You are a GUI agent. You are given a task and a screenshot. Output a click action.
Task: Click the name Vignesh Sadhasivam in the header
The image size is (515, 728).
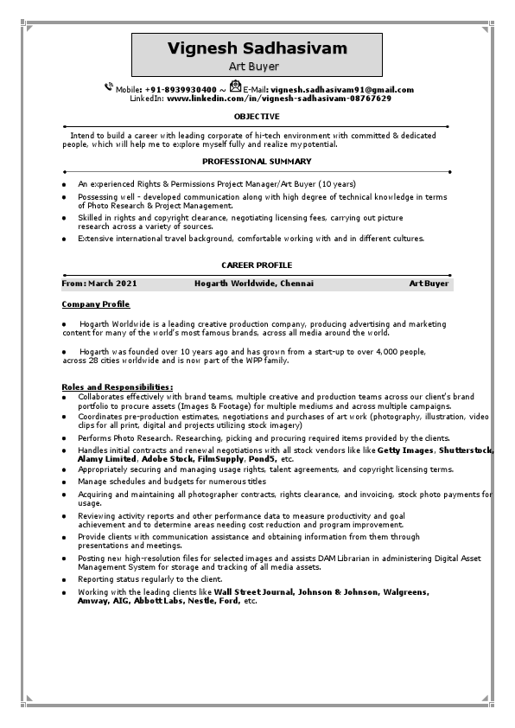pos(257,48)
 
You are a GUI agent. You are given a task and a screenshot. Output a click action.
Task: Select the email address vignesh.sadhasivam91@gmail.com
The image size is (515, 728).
pos(341,90)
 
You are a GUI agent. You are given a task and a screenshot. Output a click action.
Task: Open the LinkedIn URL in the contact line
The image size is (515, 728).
pos(278,99)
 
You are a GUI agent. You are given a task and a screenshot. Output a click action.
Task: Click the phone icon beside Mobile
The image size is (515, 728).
pos(109,86)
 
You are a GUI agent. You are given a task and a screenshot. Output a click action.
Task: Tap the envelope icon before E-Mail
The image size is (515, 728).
pos(235,86)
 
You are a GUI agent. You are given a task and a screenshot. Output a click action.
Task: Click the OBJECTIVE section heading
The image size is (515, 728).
pos(257,117)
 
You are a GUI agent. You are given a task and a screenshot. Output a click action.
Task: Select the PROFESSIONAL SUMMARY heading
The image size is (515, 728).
pos(257,162)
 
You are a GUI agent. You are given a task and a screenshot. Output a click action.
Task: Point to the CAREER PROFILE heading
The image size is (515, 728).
pos(257,265)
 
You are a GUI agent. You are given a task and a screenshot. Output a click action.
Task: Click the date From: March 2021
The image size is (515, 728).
pos(99,284)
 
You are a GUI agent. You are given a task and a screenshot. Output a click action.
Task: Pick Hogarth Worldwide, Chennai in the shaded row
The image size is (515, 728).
pos(254,284)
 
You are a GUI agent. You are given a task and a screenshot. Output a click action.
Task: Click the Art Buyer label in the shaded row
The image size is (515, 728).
pos(429,284)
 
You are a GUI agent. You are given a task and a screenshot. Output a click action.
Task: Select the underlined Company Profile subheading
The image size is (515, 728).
pos(95,304)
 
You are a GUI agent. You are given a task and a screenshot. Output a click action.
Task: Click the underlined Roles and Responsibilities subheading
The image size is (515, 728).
pos(117,386)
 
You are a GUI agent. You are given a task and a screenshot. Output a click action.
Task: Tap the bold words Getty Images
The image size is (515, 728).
pos(404,450)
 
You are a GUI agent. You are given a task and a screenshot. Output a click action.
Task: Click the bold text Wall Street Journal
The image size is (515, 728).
pos(251,592)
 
